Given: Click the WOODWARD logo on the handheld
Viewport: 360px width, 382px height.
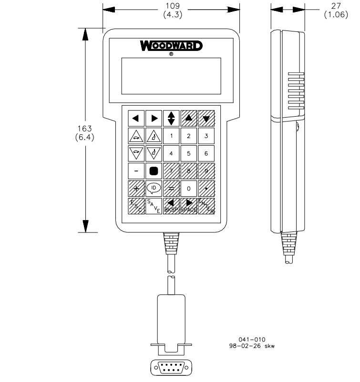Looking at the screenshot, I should click(171, 46).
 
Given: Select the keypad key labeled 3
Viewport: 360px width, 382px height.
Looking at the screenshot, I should click(206, 136).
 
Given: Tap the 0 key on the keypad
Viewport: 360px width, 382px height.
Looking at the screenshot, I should click(189, 189).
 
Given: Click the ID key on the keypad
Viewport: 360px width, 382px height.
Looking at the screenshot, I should click(154, 189).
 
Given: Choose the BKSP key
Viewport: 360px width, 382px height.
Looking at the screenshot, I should click(171, 206).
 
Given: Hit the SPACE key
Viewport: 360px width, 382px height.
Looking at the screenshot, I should click(189, 206).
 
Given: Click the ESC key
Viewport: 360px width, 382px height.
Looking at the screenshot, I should click(136, 206).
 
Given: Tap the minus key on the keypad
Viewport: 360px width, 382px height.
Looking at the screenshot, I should click(136, 171).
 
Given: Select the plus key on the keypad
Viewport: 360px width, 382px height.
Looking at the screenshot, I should click(136, 189).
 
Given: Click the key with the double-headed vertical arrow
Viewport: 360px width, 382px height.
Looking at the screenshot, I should click(171, 118).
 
